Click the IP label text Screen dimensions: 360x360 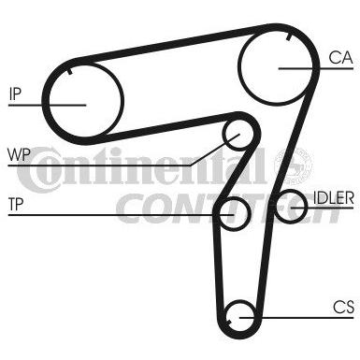coord(15,94)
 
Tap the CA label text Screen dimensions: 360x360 coord(340,57)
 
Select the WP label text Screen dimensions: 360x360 coord(19,154)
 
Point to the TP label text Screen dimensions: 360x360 coord(16,204)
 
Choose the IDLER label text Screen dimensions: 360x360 coord(334,197)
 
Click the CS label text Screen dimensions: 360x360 coord(343,307)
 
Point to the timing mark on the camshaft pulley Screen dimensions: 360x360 coord(288,37)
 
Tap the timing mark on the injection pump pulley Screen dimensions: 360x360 coord(70,71)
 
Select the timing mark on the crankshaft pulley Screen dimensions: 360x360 coord(229,323)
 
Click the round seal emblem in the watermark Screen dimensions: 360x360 coord(293,166)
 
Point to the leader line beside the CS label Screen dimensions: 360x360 coord(296,318)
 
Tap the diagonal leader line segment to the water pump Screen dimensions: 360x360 coord(215,150)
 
